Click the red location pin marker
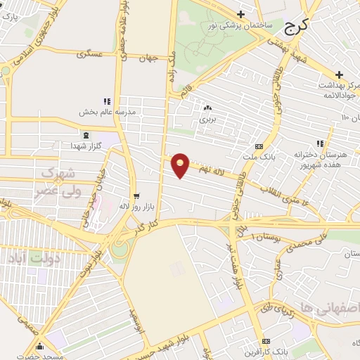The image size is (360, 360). coord(181,165)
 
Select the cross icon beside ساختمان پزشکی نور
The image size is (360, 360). coord(241,14)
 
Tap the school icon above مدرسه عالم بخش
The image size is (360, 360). coord(108,101)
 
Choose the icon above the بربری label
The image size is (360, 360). coord(207,108)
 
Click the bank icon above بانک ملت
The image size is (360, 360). coord(259,146)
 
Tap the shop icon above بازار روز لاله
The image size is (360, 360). coord(136,196)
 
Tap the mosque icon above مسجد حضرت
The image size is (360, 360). coord(40,345)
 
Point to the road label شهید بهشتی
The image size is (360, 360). coord(288,50)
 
